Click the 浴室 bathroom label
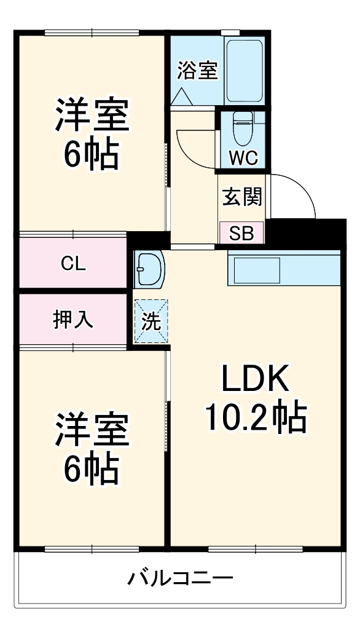tap(197, 71)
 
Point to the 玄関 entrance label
tap(242, 197)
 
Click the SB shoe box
tap(242, 233)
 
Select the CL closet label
tap(73, 264)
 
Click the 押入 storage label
tap(73, 320)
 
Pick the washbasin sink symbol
tap(149, 269)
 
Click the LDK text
tap(255, 382)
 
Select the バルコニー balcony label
tap(181, 578)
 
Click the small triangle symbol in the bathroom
tap(181, 96)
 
